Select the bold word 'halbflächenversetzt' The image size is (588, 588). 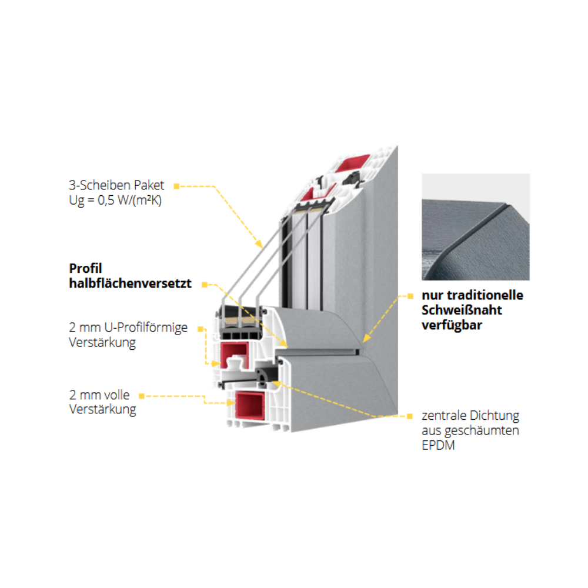point(131,283)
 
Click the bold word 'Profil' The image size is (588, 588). point(86,268)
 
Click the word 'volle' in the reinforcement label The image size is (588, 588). point(116,395)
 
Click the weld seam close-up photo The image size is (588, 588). point(475,226)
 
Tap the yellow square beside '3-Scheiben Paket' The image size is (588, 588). point(176,186)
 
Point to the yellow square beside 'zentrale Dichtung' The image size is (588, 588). point(410,416)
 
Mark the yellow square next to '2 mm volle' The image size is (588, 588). point(142,396)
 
